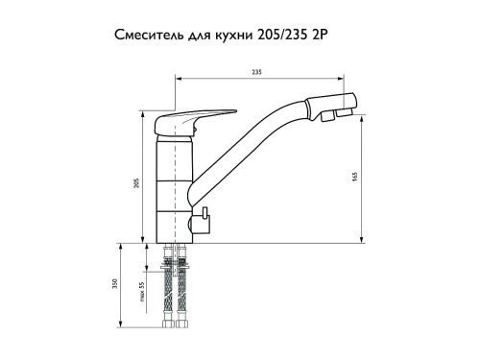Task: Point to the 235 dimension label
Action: (x=256, y=72)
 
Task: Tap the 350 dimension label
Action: (x=115, y=284)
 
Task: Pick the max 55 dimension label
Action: (x=142, y=292)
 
